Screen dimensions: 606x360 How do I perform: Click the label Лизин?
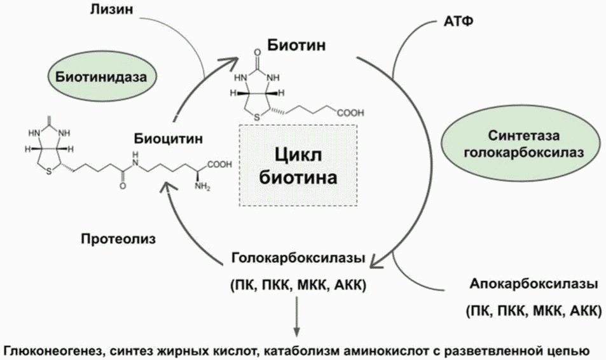tap(111, 10)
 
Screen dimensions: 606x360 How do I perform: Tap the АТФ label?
tap(458, 21)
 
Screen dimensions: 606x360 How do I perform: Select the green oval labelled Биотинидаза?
tap(101, 76)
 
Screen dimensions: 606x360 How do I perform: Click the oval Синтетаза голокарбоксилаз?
tap(523, 144)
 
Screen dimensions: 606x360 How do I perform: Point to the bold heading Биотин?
tap(297, 45)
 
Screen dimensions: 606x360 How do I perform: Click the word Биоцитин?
tap(168, 138)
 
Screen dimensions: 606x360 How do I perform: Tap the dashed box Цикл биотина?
tap(298, 165)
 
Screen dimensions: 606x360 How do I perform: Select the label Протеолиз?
tap(118, 239)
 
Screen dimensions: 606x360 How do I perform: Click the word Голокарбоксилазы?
tap(298, 258)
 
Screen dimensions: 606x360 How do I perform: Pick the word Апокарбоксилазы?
tap(534, 284)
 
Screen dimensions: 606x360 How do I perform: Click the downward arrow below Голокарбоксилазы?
tap(296, 316)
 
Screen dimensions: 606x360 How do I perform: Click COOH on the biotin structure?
tap(350, 113)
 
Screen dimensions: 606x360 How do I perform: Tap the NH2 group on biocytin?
tap(202, 187)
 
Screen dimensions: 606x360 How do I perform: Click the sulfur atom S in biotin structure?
tap(258, 117)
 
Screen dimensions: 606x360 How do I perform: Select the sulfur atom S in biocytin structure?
tap(49, 172)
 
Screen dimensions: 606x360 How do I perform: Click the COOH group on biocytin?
tap(220, 164)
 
